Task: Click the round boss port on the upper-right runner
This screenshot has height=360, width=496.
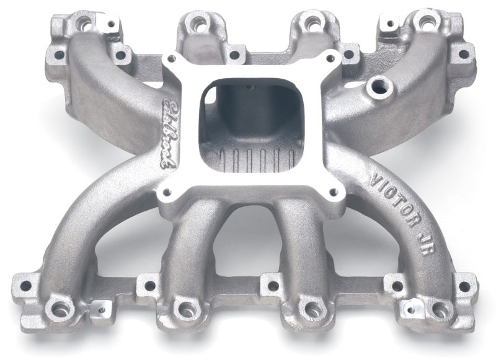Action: tap(377, 87)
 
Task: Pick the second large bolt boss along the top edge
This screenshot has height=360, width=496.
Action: tap(198, 25)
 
